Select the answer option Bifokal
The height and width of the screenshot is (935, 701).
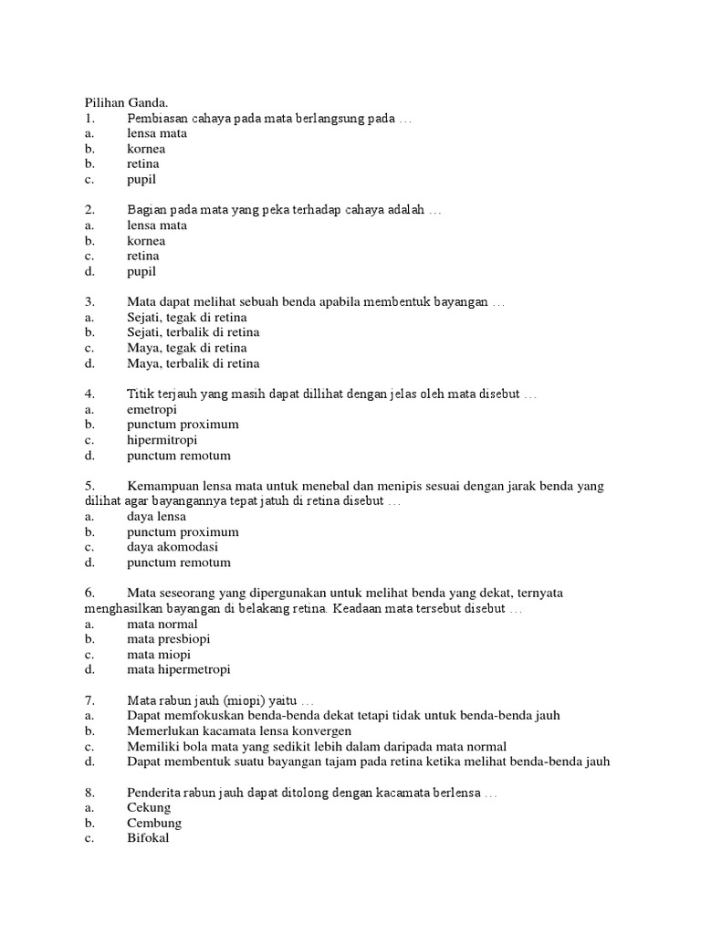pyautogui.click(x=148, y=838)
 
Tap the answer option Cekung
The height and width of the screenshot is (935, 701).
pyautogui.click(x=149, y=808)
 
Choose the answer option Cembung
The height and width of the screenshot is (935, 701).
pyautogui.click(x=154, y=823)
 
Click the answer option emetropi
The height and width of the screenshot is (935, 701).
pyautogui.click(x=152, y=409)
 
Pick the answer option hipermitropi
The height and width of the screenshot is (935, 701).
pyautogui.click(x=162, y=439)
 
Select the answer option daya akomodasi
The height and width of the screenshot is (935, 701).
pyautogui.click(x=173, y=547)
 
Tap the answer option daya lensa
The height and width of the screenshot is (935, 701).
pyautogui.click(x=156, y=516)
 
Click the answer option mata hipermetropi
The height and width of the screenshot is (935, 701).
pyautogui.click(x=179, y=669)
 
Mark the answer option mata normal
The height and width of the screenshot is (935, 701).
pyautogui.click(x=162, y=624)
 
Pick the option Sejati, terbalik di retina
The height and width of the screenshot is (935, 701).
pyautogui.click(x=194, y=332)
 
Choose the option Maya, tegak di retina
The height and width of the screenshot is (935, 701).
pyautogui.click(x=187, y=348)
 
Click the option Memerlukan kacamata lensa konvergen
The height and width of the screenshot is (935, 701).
pyautogui.click(x=239, y=731)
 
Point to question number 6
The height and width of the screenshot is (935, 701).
pyautogui.click(x=89, y=593)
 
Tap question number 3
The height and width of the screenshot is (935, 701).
pyautogui.click(x=89, y=301)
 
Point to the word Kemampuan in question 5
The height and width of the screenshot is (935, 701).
pyautogui.click(x=162, y=486)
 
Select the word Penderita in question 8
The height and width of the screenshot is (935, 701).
pyautogui.click(x=154, y=793)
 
